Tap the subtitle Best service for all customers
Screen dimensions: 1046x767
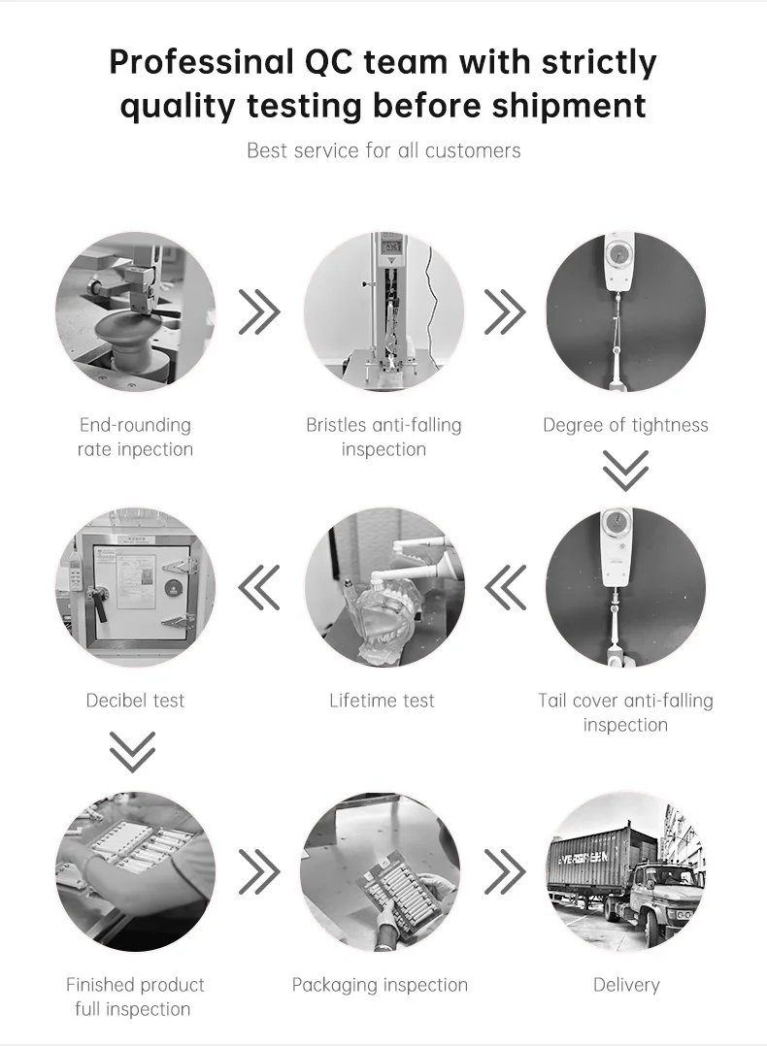[x=383, y=150]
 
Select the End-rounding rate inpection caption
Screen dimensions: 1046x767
[x=135, y=437]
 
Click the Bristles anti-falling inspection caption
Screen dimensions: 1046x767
[x=383, y=437]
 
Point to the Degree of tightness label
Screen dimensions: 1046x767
[x=625, y=425]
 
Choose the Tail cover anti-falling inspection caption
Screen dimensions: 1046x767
[x=625, y=712]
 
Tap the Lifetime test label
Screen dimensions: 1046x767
[x=382, y=701]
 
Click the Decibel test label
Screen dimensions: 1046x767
[x=135, y=701]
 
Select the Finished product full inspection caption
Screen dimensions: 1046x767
[x=135, y=997]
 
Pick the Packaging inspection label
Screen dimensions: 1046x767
[x=380, y=985]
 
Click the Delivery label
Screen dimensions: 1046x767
[x=626, y=985]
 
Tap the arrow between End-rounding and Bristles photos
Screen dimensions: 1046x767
[x=259, y=311]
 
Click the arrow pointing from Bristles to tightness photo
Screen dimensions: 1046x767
[x=505, y=311]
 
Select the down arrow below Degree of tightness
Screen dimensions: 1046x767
[x=625, y=470]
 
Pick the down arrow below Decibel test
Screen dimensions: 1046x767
[x=132, y=751]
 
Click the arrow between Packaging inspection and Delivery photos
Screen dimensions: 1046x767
[x=505, y=871]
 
